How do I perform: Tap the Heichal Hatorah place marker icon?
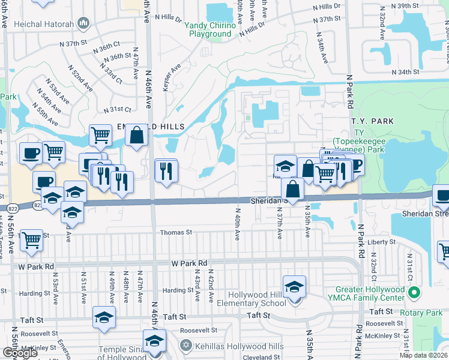point(83,24)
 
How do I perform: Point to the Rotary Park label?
point(426,313)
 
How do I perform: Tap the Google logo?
point(20,353)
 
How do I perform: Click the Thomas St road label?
point(176,232)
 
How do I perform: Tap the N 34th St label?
point(405,72)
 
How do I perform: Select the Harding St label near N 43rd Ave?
point(178,290)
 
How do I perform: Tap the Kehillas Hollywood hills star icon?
point(186,346)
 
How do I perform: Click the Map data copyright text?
point(424,355)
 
